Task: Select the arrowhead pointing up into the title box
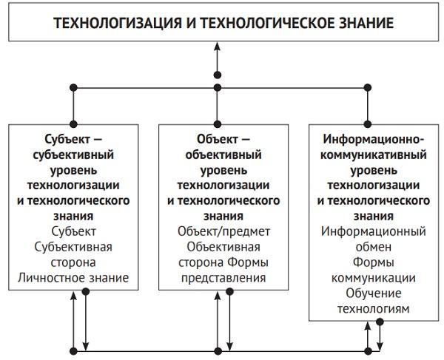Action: (x=217, y=47)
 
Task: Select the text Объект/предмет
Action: (x=223, y=231)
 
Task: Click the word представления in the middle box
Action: (x=223, y=278)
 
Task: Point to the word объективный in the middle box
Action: (x=223, y=154)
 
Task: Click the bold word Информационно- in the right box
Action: (x=373, y=140)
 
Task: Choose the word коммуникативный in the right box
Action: (x=373, y=154)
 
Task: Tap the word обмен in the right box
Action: (x=373, y=247)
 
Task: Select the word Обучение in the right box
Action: (x=373, y=293)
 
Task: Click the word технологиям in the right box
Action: (x=373, y=309)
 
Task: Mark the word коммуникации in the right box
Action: (x=373, y=278)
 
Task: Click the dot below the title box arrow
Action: (x=217, y=74)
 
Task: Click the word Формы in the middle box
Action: (x=247, y=262)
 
